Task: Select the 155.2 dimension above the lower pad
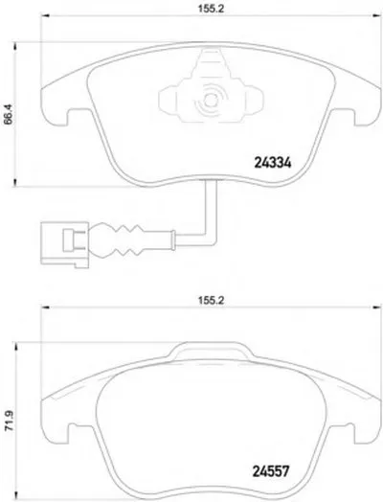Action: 199,299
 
